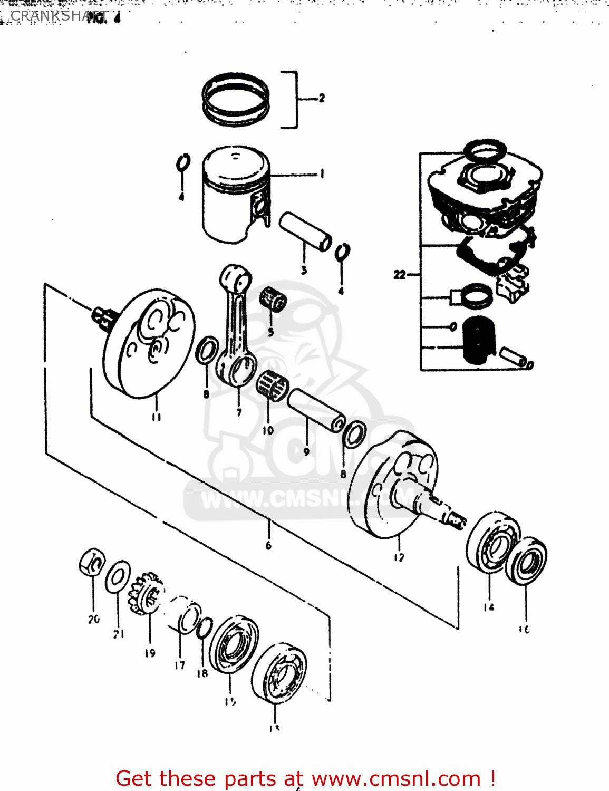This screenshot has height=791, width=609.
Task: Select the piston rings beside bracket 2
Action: [236, 99]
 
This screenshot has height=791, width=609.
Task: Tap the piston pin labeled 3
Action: [305, 231]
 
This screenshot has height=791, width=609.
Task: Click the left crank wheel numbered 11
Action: [149, 343]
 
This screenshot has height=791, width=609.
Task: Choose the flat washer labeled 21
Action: [118, 577]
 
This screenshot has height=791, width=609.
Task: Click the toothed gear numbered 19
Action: [146, 594]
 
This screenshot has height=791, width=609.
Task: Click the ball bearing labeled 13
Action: [278, 672]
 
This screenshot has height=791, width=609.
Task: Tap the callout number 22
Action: [400, 275]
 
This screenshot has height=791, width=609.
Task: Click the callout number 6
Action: [268, 545]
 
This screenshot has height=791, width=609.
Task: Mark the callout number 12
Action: [399, 557]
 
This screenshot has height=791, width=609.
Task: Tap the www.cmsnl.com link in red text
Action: [396, 778]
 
